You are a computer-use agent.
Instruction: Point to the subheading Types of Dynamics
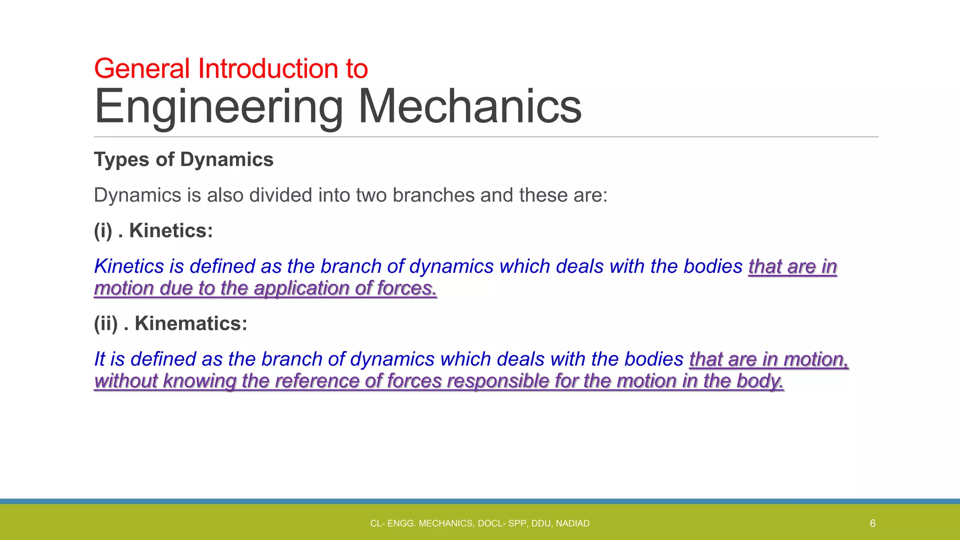[183, 160]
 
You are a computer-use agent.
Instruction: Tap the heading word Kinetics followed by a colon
[171, 231]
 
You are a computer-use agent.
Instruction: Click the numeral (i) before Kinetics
[103, 231]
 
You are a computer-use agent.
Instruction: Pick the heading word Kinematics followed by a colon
[191, 323]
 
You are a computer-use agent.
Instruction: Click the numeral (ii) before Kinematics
[105, 323]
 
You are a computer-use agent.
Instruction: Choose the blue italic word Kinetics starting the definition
[129, 266]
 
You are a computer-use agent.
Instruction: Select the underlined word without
[125, 381]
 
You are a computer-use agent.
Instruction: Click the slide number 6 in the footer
[872, 524]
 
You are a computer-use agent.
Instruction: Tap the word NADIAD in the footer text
[572, 524]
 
